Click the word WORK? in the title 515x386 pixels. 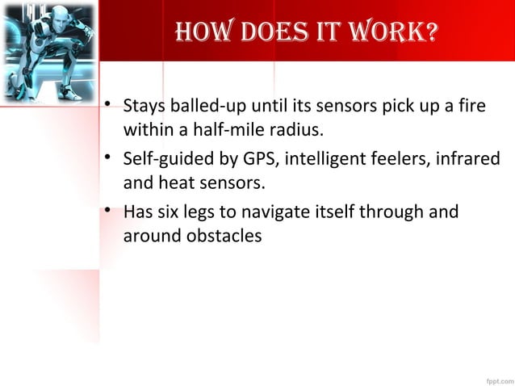point(392,33)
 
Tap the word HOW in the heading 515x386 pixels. point(191,33)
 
